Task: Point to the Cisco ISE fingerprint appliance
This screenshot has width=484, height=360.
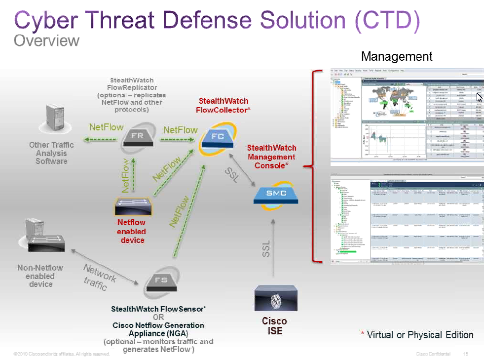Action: [x=275, y=300]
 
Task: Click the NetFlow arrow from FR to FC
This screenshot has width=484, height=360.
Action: [x=177, y=139]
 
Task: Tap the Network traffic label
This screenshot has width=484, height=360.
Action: [x=99, y=277]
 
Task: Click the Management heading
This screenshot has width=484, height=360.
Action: [x=397, y=56]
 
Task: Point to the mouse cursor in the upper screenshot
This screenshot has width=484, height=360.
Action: [x=479, y=97]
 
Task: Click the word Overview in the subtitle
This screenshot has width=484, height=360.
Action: [x=46, y=40]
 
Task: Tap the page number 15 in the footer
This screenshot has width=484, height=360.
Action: [x=466, y=354]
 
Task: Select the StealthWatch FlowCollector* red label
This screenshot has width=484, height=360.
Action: [x=223, y=105]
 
